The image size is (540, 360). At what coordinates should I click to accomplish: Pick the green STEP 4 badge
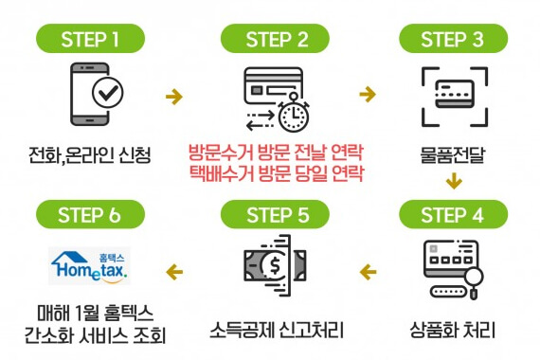tap(452, 214)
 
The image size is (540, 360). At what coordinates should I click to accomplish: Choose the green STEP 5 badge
tap(276, 214)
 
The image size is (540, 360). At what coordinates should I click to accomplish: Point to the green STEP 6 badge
tap(90, 214)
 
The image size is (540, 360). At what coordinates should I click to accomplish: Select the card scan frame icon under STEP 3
tap(452, 95)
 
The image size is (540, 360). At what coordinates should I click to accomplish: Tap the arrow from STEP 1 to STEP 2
tap(173, 95)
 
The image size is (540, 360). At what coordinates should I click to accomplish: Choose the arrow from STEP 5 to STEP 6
tap(173, 274)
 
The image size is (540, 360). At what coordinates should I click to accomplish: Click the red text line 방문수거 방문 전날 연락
tap(276, 152)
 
